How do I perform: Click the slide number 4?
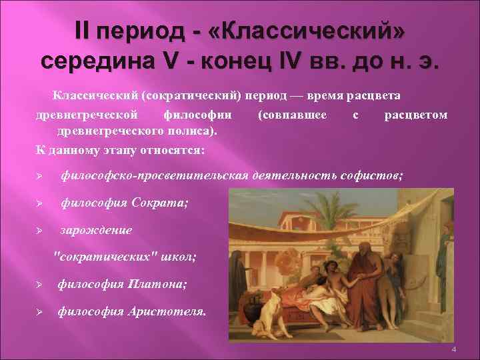click(x=453, y=351)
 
